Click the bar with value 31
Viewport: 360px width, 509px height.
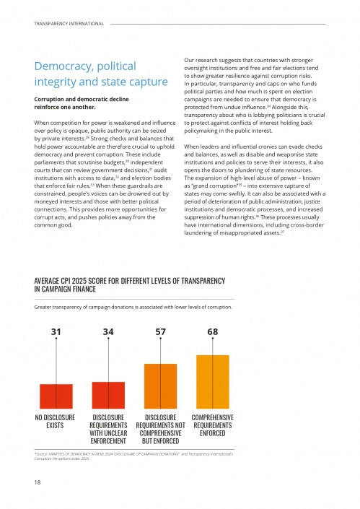click(x=56, y=396)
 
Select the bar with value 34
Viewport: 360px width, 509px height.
click(x=108, y=395)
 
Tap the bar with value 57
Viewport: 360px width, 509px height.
click(x=160, y=386)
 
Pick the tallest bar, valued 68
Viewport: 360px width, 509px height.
click(x=212, y=382)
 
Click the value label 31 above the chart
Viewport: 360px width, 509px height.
click(x=56, y=331)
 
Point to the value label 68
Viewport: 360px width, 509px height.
click(x=212, y=331)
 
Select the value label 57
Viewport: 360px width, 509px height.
click(x=160, y=331)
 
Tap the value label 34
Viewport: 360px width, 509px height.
click(x=108, y=331)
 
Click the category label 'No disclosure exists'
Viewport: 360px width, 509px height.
click(x=55, y=422)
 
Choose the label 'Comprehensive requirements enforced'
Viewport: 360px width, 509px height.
click(x=212, y=425)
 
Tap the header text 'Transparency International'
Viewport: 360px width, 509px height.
click(x=69, y=24)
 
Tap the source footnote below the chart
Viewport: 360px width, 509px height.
click(x=130, y=456)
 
